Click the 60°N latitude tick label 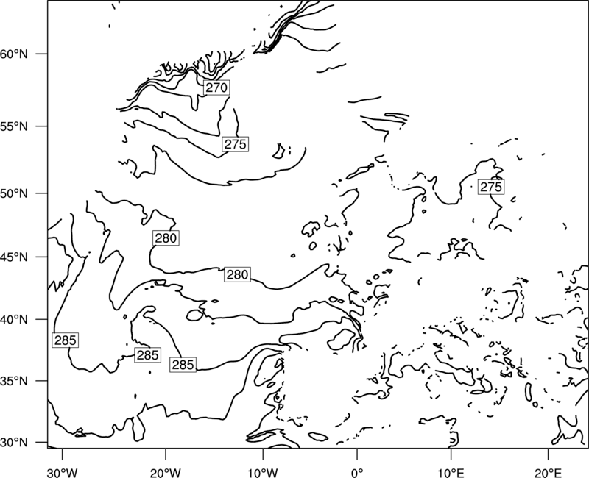pyautogui.click(x=14, y=54)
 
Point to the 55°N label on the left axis pyautogui.click(x=14, y=126)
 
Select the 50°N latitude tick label pyautogui.click(x=14, y=193)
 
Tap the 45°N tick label pyautogui.click(x=14, y=257)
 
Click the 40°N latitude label pyautogui.click(x=14, y=320)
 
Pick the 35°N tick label pyautogui.click(x=14, y=381)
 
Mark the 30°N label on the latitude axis pyautogui.click(x=14, y=443)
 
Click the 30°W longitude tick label pyautogui.click(x=62, y=473)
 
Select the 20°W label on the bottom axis pyautogui.click(x=165, y=473)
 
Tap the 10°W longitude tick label pyautogui.click(x=262, y=473)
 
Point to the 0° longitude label pyautogui.click(x=357, y=473)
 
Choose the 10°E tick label pyautogui.click(x=451, y=473)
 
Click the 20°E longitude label pyautogui.click(x=548, y=473)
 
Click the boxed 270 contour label pyautogui.click(x=216, y=88)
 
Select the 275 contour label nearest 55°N pyautogui.click(x=235, y=144)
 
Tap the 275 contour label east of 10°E pyautogui.click(x=491, y=187)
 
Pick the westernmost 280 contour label pyautogui.click(x=166, y=238)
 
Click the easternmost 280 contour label pyautogui.click(x=237, y=275)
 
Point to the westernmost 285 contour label pyautogui.click(x=66, y=340)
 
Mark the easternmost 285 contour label pyautogui.click(x=183, y=365)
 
